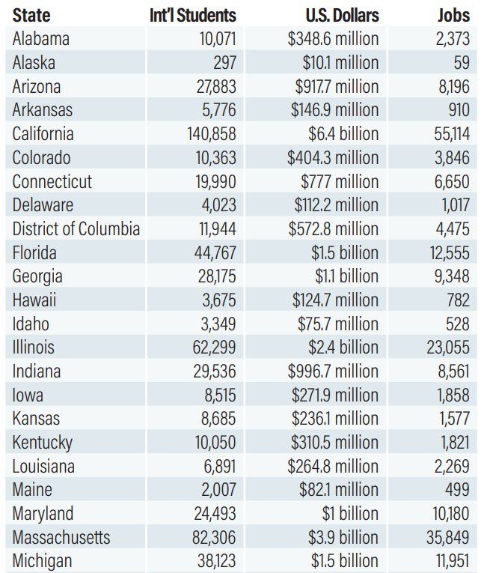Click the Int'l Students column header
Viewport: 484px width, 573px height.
click(193, 15)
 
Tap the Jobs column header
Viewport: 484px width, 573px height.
click(454, 15)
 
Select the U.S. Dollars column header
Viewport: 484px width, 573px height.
click(343, 15)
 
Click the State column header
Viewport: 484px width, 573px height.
click(31, 15)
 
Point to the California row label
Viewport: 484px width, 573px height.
click(43, 134)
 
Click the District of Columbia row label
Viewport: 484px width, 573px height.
click(76, 228)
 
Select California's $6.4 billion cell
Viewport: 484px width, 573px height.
click(343, 134)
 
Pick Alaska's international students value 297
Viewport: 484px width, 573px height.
click(225, 62)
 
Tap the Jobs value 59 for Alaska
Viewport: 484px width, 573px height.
click(462, 62)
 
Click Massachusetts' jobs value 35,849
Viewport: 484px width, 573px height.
click(448, 537)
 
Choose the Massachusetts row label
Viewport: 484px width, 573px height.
click(61, 537)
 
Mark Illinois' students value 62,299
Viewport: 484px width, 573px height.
click(214, 347)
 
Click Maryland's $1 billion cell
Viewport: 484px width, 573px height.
click(350, 513)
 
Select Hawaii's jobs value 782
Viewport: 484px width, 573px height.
click(459, 300)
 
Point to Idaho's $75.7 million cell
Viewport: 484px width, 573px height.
click(338, 324)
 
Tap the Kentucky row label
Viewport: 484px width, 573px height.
click(43, 443)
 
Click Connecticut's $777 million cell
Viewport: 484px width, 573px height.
click(340, 181)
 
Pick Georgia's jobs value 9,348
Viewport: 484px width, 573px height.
click(452, 276)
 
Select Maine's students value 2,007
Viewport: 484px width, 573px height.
click(219, 490)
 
